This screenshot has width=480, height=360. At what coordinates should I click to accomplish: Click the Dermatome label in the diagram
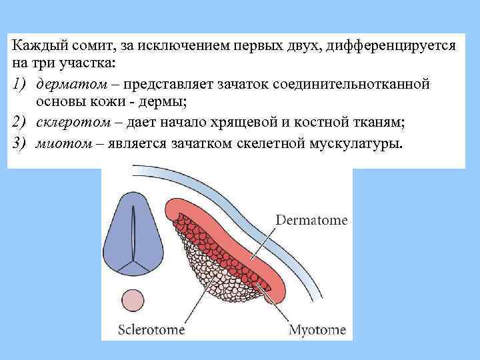pyautogui.click(x=311, y=220)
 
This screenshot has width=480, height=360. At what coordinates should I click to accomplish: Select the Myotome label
pyautogui.click(x=317, y=329)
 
